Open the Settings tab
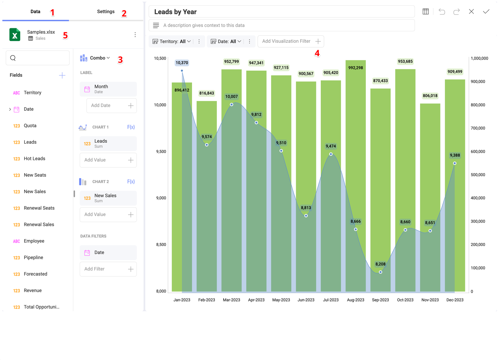point(106,12)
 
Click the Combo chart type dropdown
point(100,58)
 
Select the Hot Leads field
point(34,158)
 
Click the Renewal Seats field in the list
point(39,208)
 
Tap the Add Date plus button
point(131,106)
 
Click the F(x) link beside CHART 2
point(131,182)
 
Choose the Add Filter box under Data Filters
point(108,269)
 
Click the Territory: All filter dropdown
point(172,41)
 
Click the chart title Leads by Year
point(176,12)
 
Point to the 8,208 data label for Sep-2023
point(380,264)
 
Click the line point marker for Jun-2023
point(306,216)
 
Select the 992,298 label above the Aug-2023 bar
point(355,68)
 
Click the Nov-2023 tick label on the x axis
point(430,300)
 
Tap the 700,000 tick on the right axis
point(478,128)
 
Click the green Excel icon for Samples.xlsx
point(15,35)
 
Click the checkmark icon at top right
point(486,12)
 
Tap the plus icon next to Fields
point(62,75)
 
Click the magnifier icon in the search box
point(13,58)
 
